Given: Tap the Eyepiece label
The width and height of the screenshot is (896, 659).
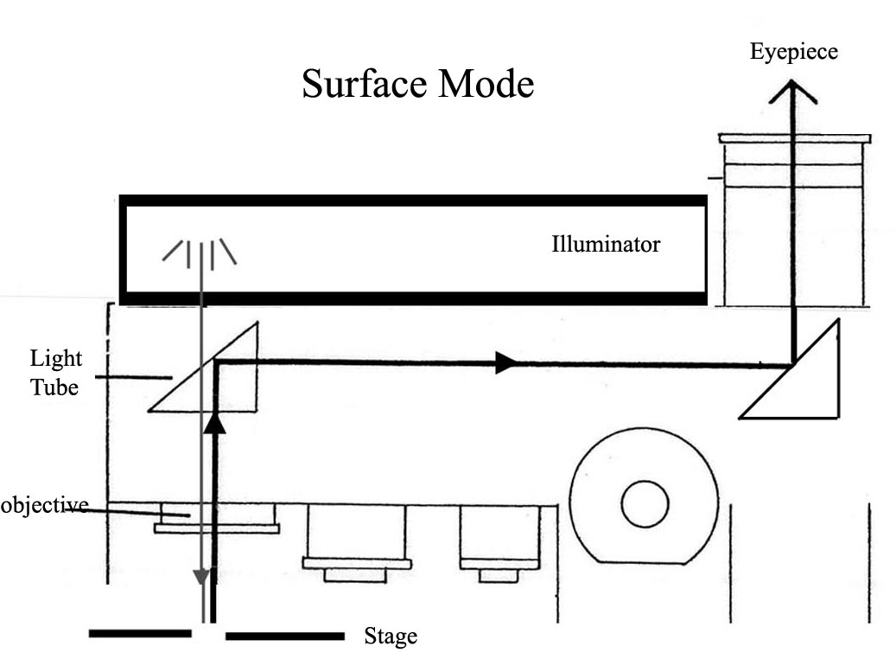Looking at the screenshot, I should (x=793, y=51).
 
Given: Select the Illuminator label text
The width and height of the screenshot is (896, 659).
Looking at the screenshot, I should (x=606, y=245).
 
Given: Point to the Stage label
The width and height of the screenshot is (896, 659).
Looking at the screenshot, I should (x=391, y=637).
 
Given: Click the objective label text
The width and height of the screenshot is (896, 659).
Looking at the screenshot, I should (x=43, y=505).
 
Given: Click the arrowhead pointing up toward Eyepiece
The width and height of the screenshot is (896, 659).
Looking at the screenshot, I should (x=793, y=90).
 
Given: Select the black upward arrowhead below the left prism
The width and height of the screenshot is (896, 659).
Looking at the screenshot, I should (x=214, y=422).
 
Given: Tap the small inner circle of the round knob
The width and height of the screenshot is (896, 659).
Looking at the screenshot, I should (x=645, y=504).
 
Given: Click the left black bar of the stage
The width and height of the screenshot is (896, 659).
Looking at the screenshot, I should (x=140, y=634).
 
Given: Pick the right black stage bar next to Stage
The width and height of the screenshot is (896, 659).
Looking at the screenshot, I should (x=284, y=637).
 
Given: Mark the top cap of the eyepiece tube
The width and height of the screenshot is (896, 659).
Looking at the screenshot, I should (x=794, y=138).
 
